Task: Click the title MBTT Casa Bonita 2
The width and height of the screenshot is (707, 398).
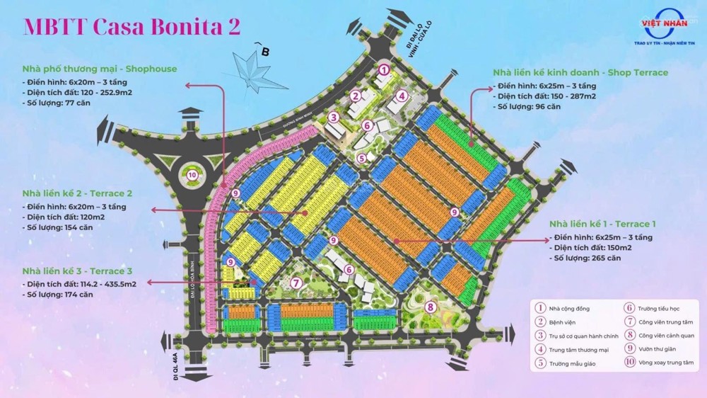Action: click(x=132, y=26)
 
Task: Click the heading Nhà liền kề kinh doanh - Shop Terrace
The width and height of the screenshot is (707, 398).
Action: click(x=580, y=72)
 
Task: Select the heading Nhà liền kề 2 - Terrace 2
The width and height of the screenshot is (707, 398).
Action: click(x=78, y=193)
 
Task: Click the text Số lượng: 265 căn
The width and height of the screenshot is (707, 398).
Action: click(x=588, y=258)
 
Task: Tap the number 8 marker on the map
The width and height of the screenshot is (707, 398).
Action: click(x=430, y=307)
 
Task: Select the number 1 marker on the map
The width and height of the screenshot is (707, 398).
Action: click(x=383, y=69)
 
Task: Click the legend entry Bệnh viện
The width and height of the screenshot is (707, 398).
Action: click(x=564, y=322)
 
